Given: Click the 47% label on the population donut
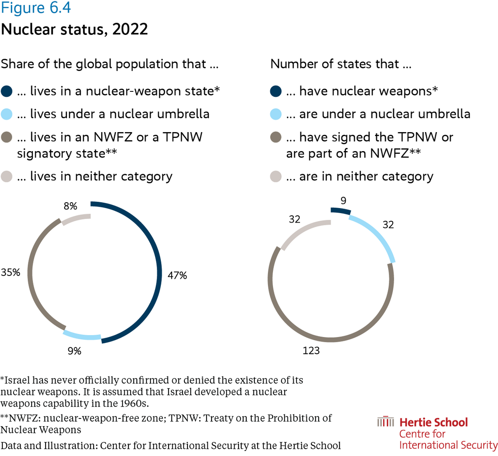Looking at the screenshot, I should click(177, 275).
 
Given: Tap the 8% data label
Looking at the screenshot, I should click(70, 206).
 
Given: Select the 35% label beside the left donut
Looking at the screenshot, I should click(10, 273).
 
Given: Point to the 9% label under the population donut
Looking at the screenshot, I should click(74, 351).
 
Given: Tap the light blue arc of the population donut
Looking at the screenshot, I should click(81, 336).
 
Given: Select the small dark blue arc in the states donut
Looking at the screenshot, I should click(341, 210).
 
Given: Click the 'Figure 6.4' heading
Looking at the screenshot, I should click(36, 8).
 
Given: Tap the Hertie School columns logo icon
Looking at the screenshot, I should click(385, 423).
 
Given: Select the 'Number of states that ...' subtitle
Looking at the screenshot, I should click(341, 64).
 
